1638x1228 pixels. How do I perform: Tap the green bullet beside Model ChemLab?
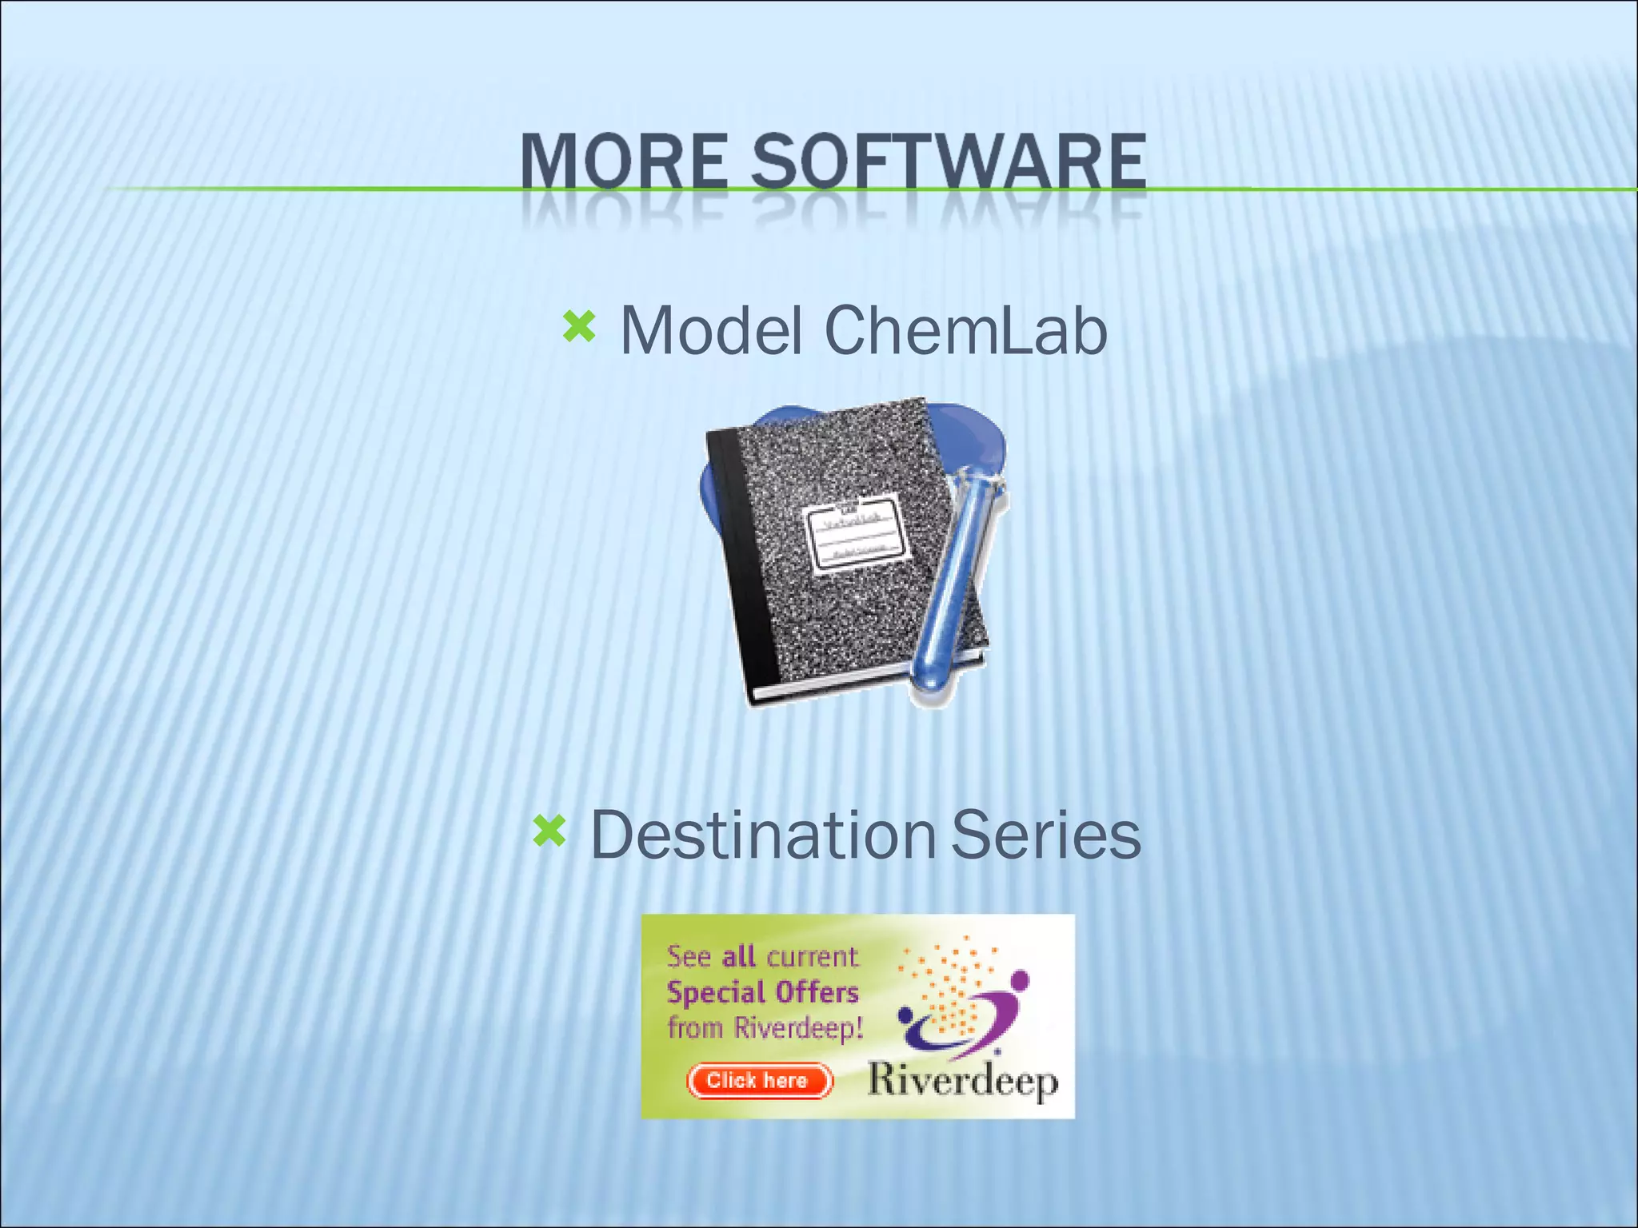tap(579, 327)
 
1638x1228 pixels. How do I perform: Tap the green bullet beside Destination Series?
tap(549, 831)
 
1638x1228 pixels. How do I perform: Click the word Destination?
tap(762, 835)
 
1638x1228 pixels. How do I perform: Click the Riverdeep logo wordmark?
tap(963, 1081)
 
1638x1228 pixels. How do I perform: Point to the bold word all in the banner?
tap(738, 956)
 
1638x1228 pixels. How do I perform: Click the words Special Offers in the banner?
tap(762, 992)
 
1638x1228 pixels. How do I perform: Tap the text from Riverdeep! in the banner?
tap(765, 1027)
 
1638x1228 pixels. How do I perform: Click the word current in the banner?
tap(812, 956)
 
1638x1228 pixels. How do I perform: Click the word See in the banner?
tap(689, 956)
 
